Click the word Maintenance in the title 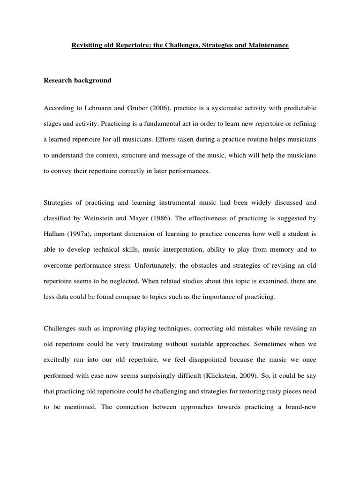[x=266, y=45]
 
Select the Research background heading [x=77, y=80]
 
